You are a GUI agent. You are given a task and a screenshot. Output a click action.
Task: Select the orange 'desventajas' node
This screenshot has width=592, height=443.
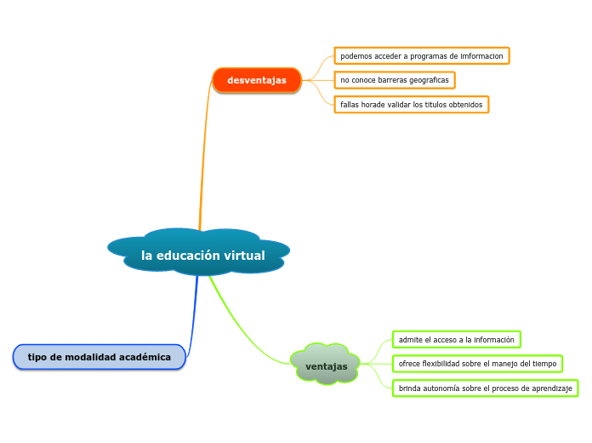[x=256, y=80]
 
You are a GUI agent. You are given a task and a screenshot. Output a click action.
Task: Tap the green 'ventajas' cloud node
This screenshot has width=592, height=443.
[x=326, y=365]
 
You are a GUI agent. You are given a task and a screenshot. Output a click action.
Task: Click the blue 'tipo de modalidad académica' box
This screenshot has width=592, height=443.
[x=99, y=357]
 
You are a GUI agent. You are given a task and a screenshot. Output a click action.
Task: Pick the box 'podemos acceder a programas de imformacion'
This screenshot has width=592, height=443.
[x=421, y=56]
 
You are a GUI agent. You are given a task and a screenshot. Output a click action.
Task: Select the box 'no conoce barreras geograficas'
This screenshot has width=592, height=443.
[x=394, y=80]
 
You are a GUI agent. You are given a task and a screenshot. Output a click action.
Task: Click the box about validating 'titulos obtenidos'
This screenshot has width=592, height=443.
[x=411, y=105]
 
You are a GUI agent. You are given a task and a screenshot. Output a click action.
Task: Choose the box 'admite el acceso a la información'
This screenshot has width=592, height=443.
[x=456, y=340]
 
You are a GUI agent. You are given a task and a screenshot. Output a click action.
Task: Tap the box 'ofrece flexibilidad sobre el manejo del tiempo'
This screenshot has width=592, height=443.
[x=477, y=364]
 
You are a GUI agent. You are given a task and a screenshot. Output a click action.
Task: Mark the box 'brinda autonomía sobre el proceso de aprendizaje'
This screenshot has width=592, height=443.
[x=485, y=388]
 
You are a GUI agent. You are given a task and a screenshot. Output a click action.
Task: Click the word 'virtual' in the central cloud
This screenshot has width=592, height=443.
[x=244, y=256]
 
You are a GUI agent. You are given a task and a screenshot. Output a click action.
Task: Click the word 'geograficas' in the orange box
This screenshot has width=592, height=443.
[x=428, y=80]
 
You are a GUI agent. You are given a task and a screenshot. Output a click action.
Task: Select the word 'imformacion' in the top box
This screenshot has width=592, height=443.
[x=481, y=56]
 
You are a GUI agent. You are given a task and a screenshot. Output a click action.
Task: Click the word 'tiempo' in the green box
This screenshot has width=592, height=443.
[x=544, y=364]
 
